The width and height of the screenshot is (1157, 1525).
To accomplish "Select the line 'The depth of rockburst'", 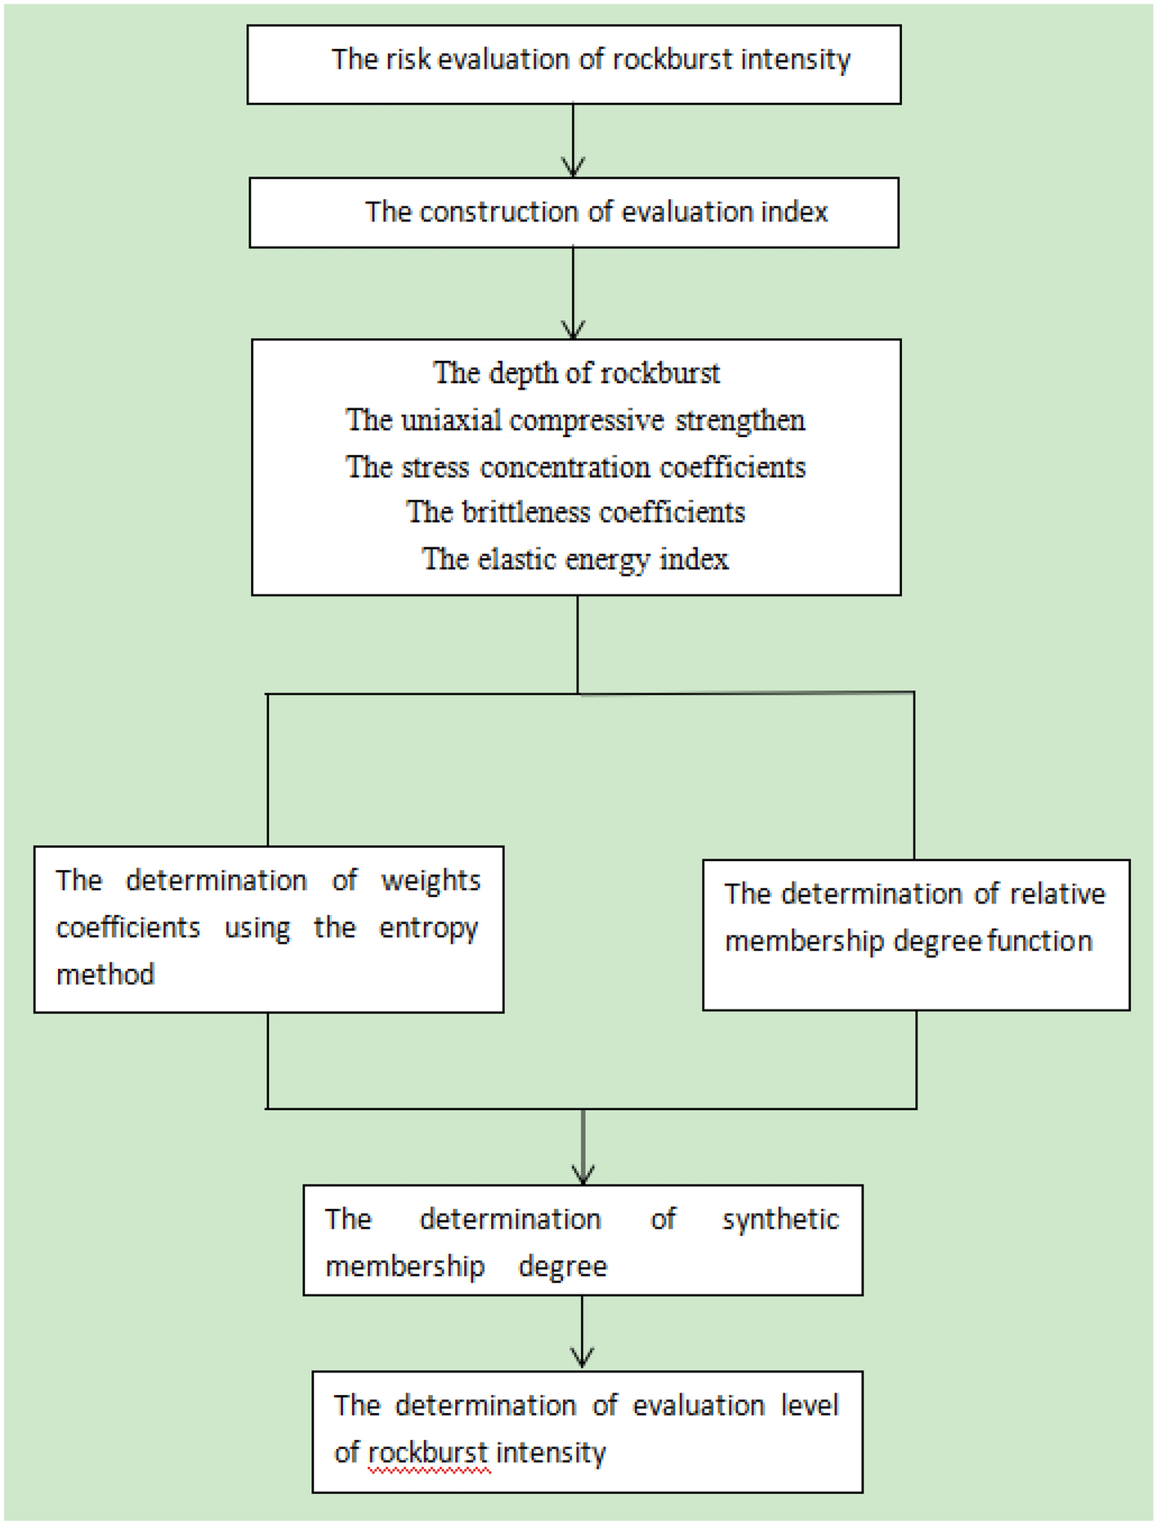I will [576, 373].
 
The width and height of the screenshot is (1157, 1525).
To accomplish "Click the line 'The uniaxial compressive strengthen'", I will [575, 421].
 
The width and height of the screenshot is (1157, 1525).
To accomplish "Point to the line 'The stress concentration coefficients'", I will [575, 467].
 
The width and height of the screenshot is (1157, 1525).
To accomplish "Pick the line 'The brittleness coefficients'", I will [575, 512].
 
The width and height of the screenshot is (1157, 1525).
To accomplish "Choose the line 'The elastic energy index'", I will [575, 560].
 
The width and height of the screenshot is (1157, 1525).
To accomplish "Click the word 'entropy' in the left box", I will [428, 929].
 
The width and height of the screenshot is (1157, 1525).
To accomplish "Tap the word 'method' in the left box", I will [105, 974].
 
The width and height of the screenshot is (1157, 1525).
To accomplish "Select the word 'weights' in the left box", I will [431, 881].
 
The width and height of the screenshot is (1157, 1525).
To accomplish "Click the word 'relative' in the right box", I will [1057, 894].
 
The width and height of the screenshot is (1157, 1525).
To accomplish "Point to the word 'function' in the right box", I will [1039, 942].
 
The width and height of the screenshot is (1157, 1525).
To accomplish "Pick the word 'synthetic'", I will [780, 1220].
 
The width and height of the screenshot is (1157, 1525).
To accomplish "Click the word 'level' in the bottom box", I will [810, 1406].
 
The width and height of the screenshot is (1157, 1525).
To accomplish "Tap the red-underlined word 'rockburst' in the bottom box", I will [428, 1453].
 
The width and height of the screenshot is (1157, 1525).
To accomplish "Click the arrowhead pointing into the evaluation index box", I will [574, 169].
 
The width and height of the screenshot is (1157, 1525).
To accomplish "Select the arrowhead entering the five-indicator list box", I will [574, 330].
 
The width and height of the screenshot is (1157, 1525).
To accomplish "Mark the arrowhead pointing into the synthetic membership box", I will [583, 1175].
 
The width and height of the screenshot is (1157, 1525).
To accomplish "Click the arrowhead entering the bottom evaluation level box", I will [582, 1360].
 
